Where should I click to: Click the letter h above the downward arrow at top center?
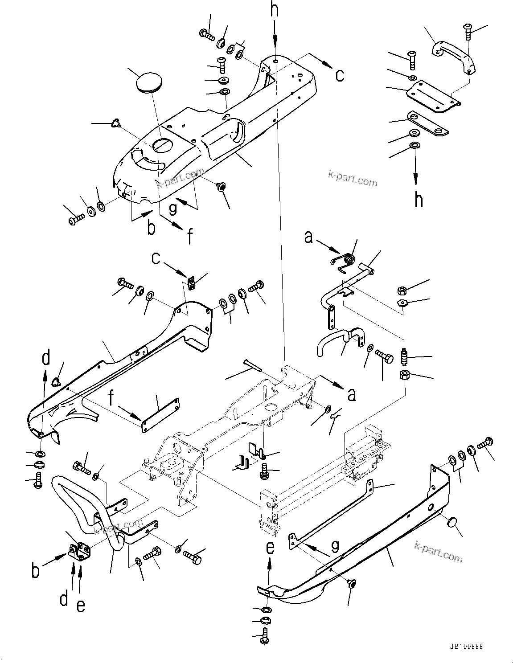pyautogui.click(x=275, y=9)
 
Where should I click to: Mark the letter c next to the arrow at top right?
pyautogui.click(x=340, y=75)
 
